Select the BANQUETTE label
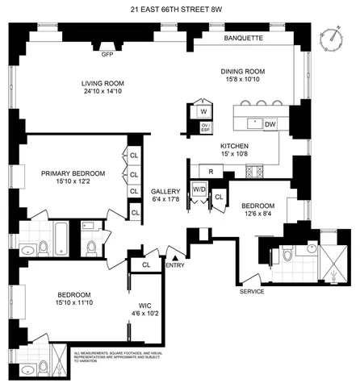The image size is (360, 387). pos(245,38)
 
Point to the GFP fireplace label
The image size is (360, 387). pos(107,56)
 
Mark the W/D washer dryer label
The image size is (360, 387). pos(198,189)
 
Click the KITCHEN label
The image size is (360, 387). pos(237,146)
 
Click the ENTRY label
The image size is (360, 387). pos(174,264)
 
